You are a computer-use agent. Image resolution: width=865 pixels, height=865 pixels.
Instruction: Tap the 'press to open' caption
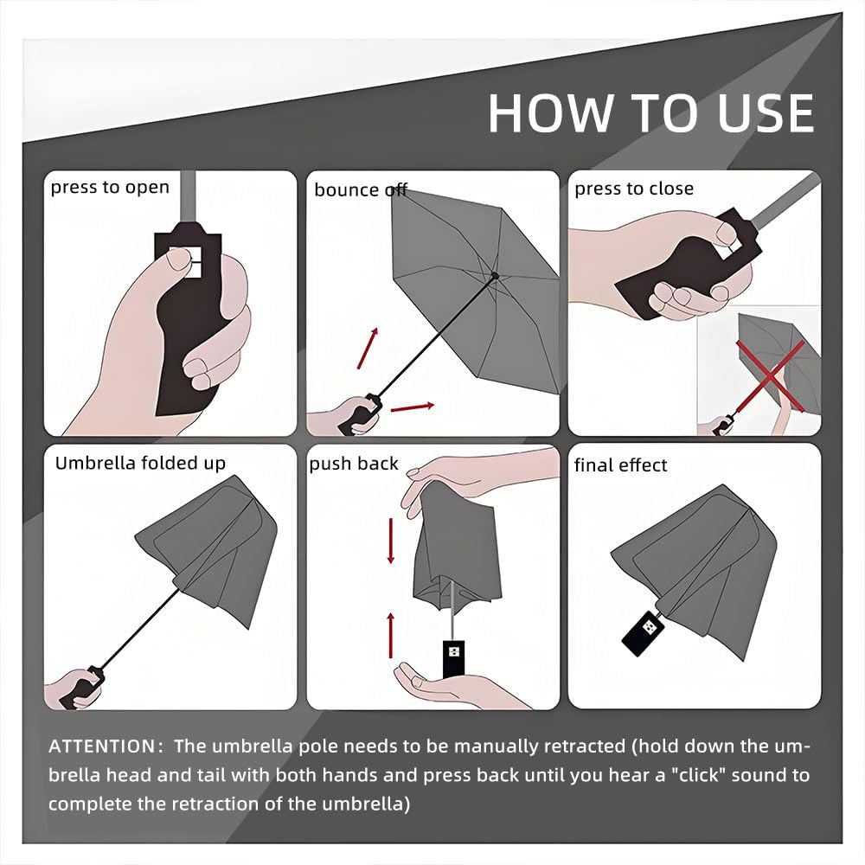[x=110, y=187]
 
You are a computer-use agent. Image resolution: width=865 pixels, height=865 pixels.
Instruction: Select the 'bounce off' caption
[x=360, y=189]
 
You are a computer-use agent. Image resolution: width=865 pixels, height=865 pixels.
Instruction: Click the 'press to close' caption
[x=634, y=189]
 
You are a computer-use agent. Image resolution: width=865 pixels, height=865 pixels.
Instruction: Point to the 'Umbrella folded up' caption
[x=140, y=463]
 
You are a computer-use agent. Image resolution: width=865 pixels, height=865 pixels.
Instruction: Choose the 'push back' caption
[x=354, y=464]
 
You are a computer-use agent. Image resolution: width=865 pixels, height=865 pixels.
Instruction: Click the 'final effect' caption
[x=620, y=465]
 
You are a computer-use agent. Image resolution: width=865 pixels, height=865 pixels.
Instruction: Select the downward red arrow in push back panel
[x=391, y=540]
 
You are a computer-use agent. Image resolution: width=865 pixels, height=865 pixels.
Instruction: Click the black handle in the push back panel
[x=452, y=657]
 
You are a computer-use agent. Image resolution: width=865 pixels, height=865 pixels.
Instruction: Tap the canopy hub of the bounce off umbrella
[x=494, y=275]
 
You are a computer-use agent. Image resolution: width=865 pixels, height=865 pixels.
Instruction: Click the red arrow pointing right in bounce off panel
[x=411, y=405]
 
